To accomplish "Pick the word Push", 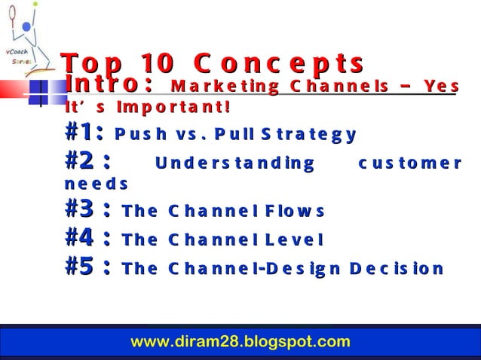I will point(136,136).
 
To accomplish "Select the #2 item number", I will point(88,161).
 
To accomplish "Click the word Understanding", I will point(234,163).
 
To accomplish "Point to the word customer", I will point(409,163).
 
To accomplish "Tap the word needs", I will point(97,185).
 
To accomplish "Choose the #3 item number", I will point(88,211).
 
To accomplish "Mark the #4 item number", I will point(88,239).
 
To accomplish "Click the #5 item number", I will point(88,267).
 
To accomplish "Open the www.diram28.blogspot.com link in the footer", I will point(240,341).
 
